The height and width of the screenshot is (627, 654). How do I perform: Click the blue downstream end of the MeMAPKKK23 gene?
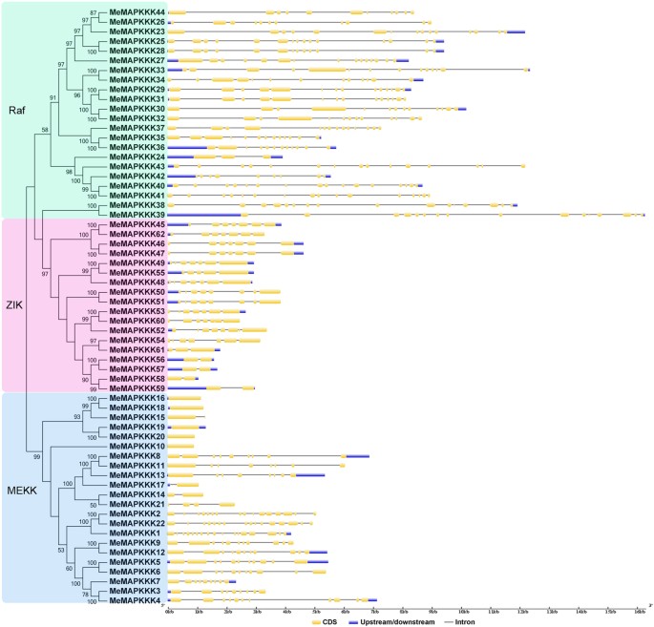516,31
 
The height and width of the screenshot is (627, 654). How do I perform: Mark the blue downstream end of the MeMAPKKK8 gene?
358,456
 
